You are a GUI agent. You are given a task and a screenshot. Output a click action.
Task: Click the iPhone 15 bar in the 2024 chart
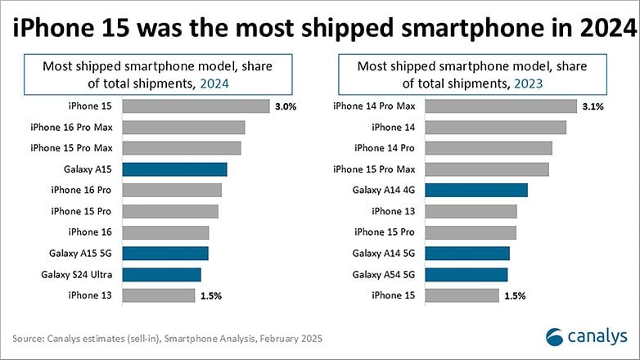[196, 106]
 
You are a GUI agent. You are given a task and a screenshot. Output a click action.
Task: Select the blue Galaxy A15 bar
[174, 169]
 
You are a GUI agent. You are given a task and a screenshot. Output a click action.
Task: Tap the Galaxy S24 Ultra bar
[161, 275]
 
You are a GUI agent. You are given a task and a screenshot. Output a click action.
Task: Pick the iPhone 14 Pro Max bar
[501, 106]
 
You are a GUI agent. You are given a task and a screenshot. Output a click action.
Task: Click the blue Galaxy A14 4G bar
[476, 190]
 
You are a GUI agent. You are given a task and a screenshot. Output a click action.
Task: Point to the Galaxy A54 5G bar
[466, 275]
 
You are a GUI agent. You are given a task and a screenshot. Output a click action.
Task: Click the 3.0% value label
[286, 107]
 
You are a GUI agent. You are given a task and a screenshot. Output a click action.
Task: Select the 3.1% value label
[593, 107]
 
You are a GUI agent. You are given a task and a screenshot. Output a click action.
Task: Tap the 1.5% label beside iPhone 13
[211, 296]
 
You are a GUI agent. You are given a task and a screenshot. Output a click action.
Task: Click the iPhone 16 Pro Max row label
[71, 128]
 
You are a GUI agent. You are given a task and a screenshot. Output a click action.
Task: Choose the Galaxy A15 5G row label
[80, 254]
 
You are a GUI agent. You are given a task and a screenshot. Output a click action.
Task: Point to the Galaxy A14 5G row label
[384, 254]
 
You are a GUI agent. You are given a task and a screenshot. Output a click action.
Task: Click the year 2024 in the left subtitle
[214, 83]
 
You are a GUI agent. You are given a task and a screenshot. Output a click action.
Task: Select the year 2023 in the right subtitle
[529, 83]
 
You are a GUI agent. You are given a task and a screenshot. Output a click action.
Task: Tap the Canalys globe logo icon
[555, 337]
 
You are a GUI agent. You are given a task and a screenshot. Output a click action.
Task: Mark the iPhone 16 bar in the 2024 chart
[165, 232]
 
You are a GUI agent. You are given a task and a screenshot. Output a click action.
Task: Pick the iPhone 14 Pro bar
[489, 148]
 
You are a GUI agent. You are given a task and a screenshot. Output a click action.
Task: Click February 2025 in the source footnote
[291, 339]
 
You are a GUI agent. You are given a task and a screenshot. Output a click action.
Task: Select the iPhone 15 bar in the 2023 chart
[462, 295]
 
